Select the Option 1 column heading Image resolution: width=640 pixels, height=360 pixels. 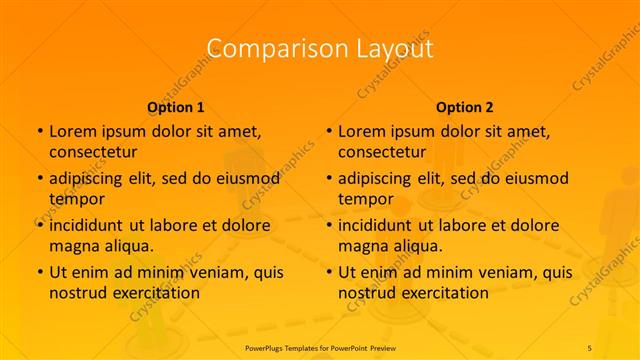[x=176, y=107]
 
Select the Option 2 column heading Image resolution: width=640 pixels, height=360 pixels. [x=465, y=107]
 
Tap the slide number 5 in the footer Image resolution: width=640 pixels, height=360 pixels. [x=589, y=346]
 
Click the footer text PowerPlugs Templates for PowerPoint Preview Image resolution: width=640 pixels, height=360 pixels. [x=319, y=346]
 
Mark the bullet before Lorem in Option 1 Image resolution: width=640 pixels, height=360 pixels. [x=39, y=131]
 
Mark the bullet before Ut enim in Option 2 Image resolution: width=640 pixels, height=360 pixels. [x=328, y=272]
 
